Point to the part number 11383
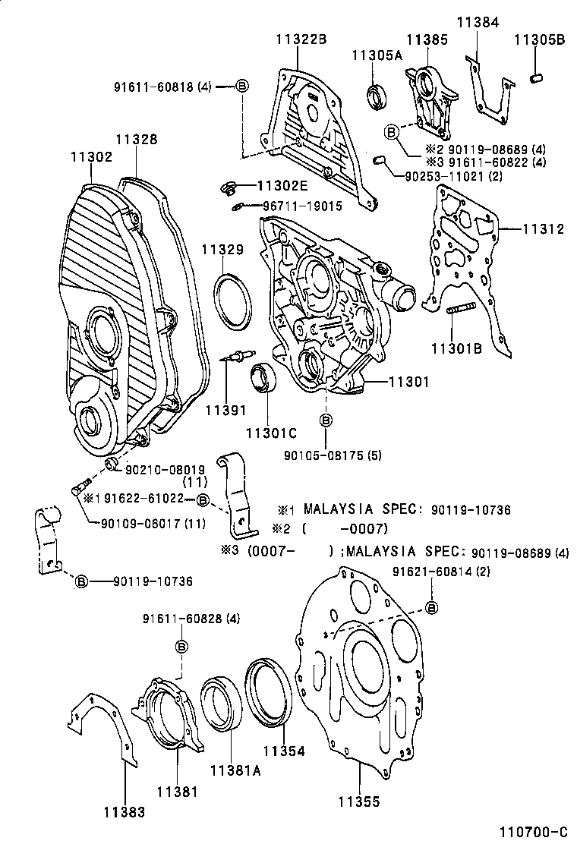[125, 812]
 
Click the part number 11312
[543, 228]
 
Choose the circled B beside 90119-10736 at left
[81, 581]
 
